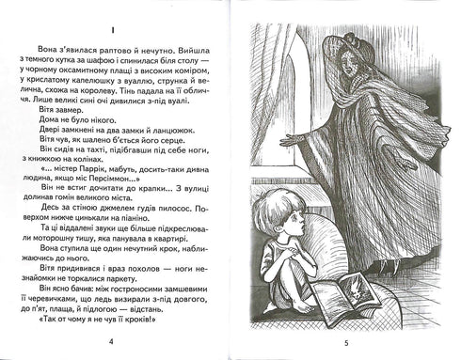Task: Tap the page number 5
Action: coord(346,343)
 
